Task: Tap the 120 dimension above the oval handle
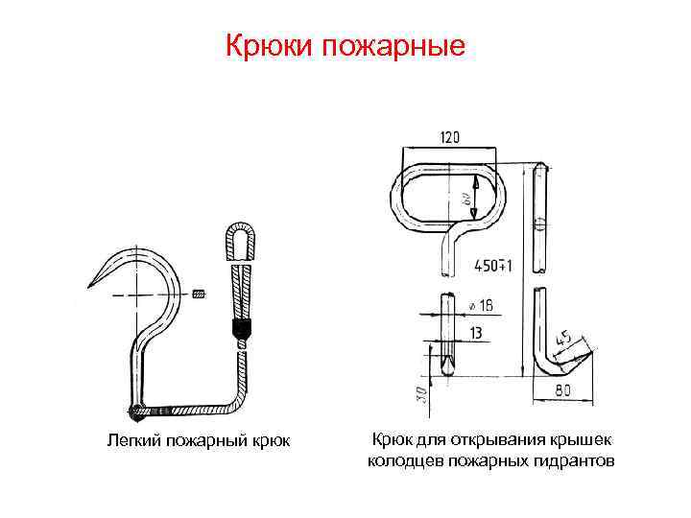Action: tap(449, 137)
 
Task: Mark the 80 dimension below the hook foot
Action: tap(563, 390)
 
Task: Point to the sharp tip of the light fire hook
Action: tap(89, 285)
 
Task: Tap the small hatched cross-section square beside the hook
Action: tap(199, 292)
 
